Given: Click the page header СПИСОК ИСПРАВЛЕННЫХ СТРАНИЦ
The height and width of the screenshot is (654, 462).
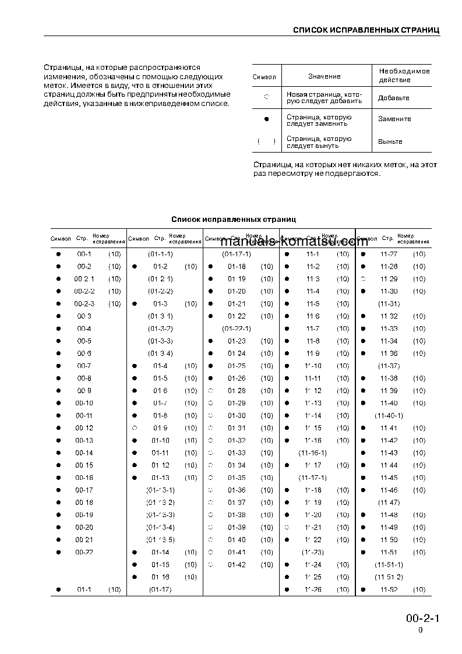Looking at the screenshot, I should click(x=366, y=30).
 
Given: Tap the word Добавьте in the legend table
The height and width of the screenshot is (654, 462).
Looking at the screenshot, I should click(x=393, y=98).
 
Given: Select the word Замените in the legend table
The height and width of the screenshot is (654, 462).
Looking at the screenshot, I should click(x=394, y=119).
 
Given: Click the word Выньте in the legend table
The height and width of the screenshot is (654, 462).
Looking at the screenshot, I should click(x=390, y=142).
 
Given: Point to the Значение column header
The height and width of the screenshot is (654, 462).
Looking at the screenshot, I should click(x=324, y=76).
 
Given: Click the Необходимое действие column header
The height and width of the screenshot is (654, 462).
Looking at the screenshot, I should click(x=404, y=75).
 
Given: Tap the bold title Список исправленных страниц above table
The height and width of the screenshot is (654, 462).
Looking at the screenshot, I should click(x=233, y=220).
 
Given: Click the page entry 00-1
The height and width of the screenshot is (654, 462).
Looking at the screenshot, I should click(x=84, y=254).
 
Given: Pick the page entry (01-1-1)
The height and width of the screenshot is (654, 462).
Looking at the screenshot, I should click(x=160, y=254).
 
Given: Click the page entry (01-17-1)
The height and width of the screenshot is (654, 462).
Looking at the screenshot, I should click(x=236, y=254).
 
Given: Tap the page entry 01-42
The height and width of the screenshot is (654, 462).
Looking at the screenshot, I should click(x=237, y=565).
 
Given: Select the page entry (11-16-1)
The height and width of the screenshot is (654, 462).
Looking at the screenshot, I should click(x=313, y=453).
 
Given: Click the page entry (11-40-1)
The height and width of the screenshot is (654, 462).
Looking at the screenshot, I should click(x=389, y=416).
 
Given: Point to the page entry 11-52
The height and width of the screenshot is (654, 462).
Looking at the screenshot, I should click(x=389, y=590).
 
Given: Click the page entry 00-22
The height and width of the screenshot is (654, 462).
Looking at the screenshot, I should click(x=84, y=552).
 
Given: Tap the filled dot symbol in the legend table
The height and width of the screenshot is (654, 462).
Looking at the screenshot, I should click(x=266, y=119).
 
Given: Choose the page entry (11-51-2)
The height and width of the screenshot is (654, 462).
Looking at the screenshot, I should click(x=389, y=577).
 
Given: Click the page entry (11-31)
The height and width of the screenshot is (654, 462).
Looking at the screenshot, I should click(x=389, y=304).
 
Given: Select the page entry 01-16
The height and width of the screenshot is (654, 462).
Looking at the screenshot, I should click(x=160, y=577).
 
